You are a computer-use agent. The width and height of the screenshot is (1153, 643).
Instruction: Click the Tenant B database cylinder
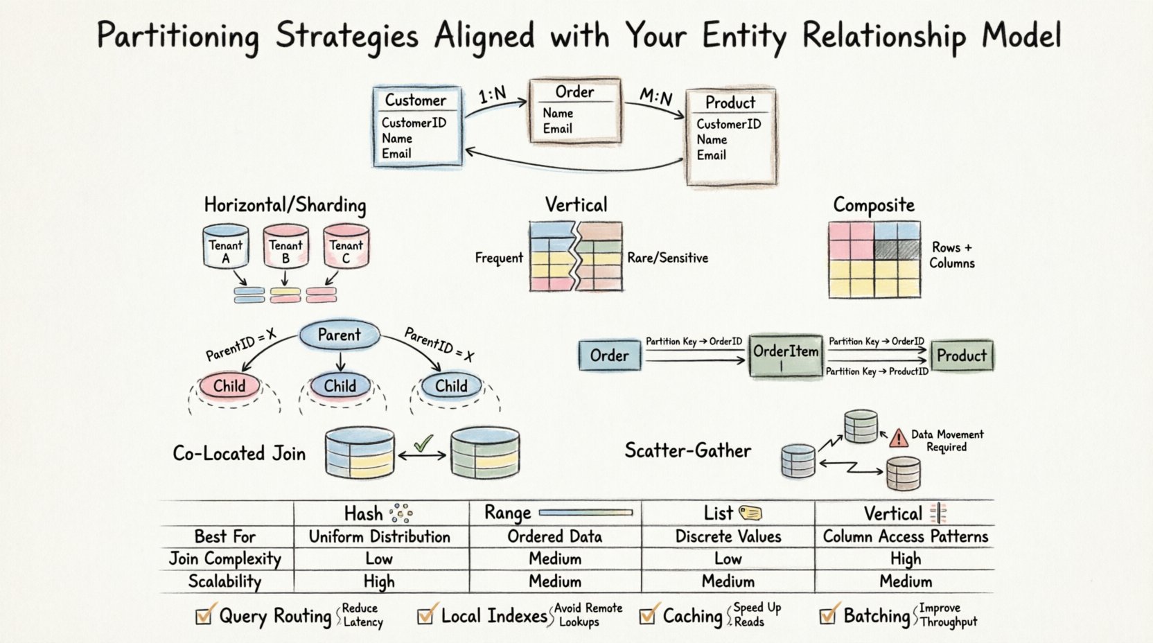tap(285, 246)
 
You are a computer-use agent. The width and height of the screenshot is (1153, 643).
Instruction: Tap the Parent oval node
tap(339, 335)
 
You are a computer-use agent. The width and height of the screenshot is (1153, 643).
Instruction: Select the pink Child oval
tap(229, 386)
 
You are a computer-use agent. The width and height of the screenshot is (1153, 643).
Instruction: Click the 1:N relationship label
tap(493, 95)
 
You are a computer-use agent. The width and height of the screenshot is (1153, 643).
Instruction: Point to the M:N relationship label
tap(655, 97)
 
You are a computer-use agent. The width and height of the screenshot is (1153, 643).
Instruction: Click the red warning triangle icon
tap(899, 438)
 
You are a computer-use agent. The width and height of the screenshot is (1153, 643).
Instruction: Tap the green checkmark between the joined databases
tap(423, 443)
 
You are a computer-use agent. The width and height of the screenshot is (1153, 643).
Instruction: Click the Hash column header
tap(364, 513)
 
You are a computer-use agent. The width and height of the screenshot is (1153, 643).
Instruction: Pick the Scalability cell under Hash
tap(379, 581)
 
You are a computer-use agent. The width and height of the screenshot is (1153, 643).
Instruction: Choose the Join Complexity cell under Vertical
tap(905, 558)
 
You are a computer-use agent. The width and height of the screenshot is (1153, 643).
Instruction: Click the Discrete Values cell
tap(728, 536)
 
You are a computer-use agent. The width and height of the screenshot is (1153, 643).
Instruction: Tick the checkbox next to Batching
tap(827, 615)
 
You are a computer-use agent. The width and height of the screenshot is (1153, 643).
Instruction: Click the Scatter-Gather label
tap(687, 451)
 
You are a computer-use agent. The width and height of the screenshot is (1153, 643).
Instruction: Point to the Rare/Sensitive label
tap(667, 258)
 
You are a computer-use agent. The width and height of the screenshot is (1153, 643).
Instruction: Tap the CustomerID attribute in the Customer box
tap(414, 123)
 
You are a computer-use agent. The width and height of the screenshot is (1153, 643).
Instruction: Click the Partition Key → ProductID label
tap(877, 372)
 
